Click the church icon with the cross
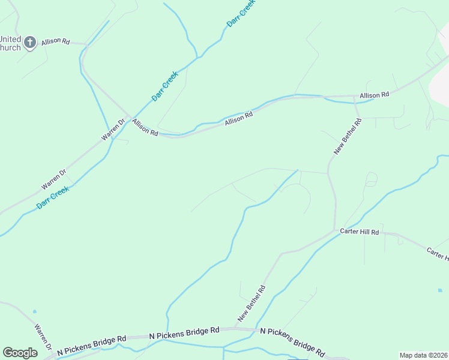31,42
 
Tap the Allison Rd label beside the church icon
56,41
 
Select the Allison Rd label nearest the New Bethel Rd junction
375,95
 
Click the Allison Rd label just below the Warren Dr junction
145,128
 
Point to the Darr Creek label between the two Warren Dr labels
52,197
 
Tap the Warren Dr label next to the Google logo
43,340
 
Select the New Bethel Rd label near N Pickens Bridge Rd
252,304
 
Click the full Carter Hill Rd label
360,232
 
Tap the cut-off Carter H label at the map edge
438,254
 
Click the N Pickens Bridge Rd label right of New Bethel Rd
292,340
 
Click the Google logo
20,353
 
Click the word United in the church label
10,39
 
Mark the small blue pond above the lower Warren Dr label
34,311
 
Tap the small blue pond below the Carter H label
440,290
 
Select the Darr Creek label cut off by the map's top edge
241,13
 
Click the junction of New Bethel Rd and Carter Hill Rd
335,230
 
